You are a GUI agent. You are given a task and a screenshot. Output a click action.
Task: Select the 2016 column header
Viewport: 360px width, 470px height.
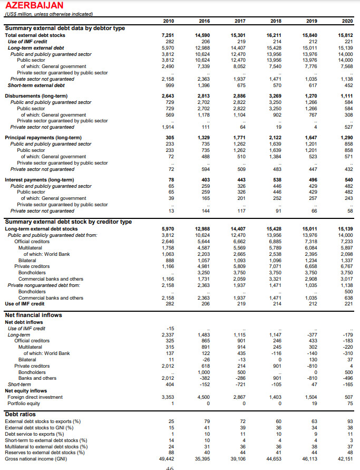pyautogui.click(x=203, y=21)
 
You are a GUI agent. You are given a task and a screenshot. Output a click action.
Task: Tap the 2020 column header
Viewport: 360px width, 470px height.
pyautogui.click(x=347, y=21)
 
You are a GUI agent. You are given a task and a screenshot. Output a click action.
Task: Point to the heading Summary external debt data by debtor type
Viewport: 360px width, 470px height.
pyautogui.click(x=65, y=28)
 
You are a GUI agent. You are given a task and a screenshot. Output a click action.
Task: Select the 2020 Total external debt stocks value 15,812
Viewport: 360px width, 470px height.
pyautogui.click(x=347, y=35)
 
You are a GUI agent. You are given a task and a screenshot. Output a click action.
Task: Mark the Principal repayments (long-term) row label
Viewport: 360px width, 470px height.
pyautogui.click(x=43, y=138)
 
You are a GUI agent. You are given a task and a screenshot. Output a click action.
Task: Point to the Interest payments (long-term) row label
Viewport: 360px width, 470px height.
pyautogui.click(x=40, y=180)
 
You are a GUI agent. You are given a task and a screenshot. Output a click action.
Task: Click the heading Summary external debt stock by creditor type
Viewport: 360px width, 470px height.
pyautogui.click(x=69, y=222)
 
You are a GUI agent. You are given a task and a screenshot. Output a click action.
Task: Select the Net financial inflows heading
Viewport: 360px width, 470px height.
pyautogui.click(x=34, y=315)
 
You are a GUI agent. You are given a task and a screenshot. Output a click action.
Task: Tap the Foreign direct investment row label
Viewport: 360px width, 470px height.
pyautogui.click(x=35, y=397)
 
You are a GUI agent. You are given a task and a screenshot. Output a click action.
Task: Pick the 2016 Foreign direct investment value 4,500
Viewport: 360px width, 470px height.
pyautogui.click(x=203, y=397)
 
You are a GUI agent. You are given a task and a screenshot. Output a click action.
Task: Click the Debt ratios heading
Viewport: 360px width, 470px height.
pyautogui.click(x=21, y=415)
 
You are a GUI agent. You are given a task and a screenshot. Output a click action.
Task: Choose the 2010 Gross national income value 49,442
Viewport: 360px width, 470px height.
pyautogui.click(x=167, y=459)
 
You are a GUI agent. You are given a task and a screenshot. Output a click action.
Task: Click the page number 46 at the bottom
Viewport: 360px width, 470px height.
pyautogui.click(x=170, y=468)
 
